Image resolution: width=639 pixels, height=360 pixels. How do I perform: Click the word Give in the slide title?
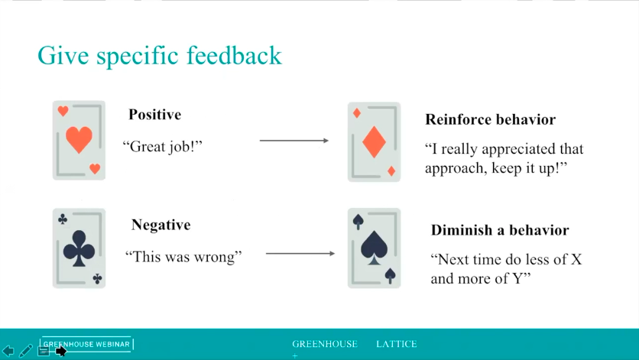click(63, 56)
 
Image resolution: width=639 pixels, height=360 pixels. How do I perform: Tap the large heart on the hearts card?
click(79, 139)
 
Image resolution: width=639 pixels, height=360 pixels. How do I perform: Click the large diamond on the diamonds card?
click(374, 142)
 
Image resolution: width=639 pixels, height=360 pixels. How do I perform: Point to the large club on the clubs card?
click(79, 248)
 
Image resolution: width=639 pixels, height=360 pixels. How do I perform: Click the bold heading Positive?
click(155, 115)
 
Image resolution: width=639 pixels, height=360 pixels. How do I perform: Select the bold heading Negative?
click(161, 225)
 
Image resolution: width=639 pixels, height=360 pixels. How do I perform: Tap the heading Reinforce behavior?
click(490, 119)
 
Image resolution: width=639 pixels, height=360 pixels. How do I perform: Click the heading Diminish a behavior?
click(500, 230)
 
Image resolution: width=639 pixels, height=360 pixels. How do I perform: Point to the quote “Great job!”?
click(163, 146)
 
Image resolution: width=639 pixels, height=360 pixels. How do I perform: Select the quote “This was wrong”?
click(183, 257)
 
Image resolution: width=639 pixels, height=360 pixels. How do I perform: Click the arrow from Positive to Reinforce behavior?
click(294, 141)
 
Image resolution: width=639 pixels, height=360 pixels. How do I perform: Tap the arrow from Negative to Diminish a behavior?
click(300, 254)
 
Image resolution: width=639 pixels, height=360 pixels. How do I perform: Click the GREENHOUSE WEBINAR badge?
click(86, 344)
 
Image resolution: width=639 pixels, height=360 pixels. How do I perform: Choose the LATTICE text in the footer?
click(397, 344)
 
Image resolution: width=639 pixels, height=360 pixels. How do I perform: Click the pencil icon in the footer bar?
click(25, 351)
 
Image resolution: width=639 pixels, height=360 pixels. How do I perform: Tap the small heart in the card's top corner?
click(63, 111)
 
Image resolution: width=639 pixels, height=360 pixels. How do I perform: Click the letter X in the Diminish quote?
click(576, 259)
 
